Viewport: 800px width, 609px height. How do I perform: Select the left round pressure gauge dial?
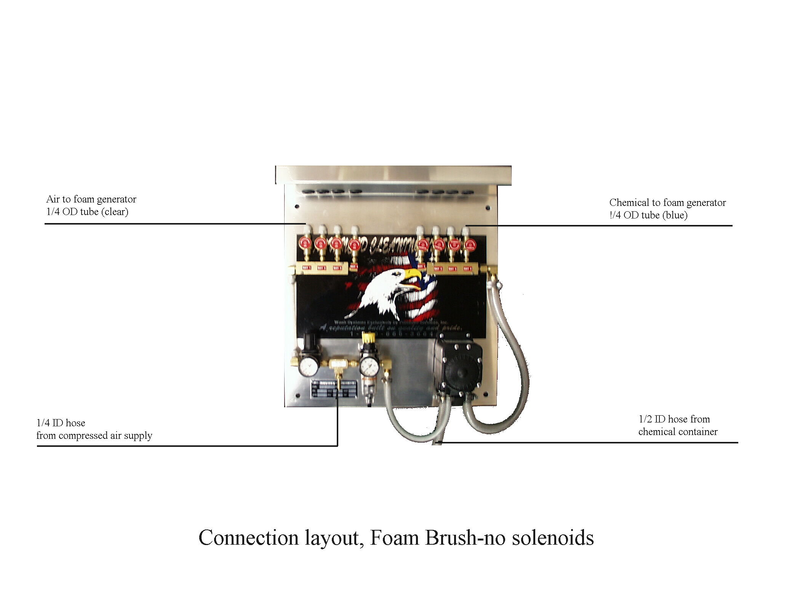308,366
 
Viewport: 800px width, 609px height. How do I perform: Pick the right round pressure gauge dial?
369,366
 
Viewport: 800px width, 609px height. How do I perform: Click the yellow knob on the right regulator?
368,337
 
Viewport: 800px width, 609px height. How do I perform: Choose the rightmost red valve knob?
470,244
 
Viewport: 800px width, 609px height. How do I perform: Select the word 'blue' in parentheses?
675,215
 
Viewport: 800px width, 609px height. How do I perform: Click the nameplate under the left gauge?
334,389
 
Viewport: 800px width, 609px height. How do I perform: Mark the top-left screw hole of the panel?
297,207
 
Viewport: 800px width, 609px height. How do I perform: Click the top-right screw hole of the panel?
488,208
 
